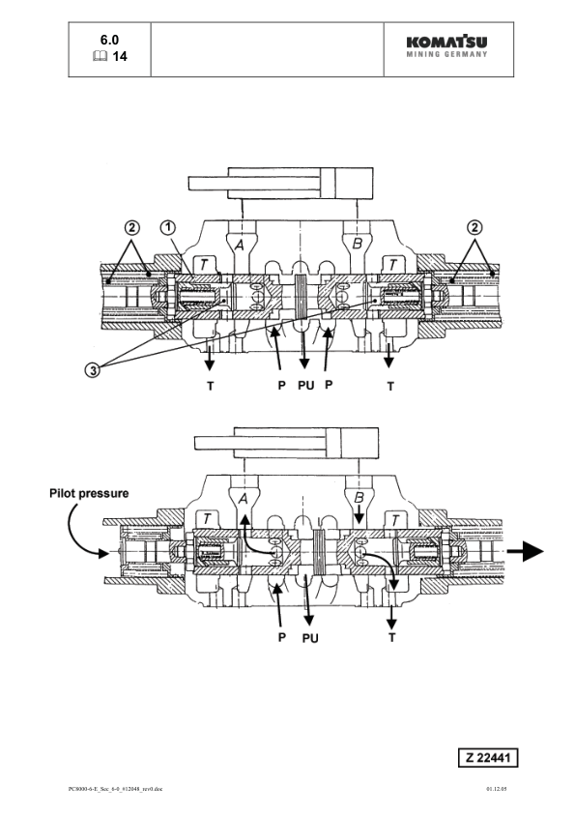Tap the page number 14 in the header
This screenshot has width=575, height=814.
point(120,57)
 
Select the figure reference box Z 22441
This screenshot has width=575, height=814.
point(494,756)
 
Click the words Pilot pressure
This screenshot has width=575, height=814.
point(89,493)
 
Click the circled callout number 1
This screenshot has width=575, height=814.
point(167,227)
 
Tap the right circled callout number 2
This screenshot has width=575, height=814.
point(474,228)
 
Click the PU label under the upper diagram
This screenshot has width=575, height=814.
point(306,384)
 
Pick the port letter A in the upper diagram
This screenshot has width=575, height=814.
point(238,246)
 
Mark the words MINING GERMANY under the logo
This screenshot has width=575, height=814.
point(446,54)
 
